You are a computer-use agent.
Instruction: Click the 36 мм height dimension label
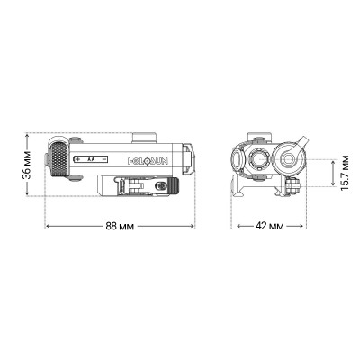pyautogui.click(x=29, y=167)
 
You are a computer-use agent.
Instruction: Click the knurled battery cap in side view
pyautogui.click(x=58, y=160)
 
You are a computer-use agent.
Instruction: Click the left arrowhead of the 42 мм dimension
pyautogui.click(x=235, y=225)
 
